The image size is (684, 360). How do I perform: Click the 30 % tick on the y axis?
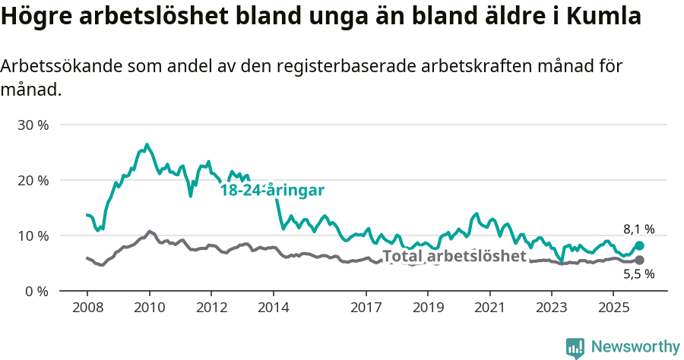(x=33, y=125)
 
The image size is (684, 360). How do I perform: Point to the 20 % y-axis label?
(x=33, y=180)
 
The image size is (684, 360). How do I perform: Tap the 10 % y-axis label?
(x=33, y=235)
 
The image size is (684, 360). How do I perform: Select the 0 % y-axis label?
(x=36, y=291)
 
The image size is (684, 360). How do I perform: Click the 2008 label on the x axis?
(x=87, y=308)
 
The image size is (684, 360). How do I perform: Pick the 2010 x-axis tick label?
(x=149, y=308)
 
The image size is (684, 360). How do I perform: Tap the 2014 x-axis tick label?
(x=273, y=308)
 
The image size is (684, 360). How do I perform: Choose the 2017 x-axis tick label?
(x=366, y=308)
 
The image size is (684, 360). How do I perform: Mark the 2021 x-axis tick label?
(x=489, y=308)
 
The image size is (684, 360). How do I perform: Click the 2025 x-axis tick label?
(x=613, y=308)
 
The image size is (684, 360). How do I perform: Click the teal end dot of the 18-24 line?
(x=639, y=246)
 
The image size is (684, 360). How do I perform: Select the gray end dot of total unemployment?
(x=639, y=261)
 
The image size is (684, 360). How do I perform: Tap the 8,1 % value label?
(x=638, y=229)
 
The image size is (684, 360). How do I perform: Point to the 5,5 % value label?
(x=638, y=275)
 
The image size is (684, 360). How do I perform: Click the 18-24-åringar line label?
(x=272, y=191)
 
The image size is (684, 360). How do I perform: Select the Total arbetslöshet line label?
(x=454, y=256)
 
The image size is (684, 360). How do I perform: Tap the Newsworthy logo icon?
(x=575, y=347)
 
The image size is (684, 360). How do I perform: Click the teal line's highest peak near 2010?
(x=147, y=144)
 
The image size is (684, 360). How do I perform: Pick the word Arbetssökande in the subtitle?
(x=65, y=67)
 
